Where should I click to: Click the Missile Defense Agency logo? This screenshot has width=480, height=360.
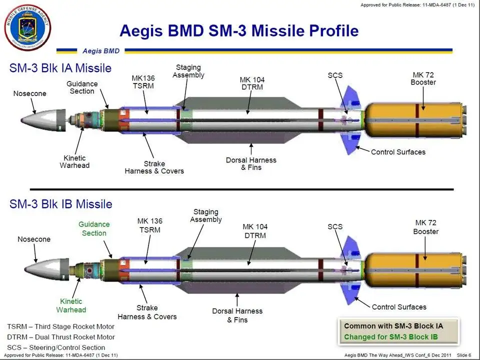pos(27,27)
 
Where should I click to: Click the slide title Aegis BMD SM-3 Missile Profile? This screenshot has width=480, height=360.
pos(239,30)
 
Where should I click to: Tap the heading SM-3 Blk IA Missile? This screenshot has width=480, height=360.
pos(60,68)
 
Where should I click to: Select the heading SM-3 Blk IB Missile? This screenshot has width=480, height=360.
pos(60,204)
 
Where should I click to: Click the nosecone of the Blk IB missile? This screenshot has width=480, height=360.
pos(46,269)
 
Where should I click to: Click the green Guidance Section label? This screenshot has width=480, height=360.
pos(94,228)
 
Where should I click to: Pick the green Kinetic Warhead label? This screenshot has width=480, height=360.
pos(71,305)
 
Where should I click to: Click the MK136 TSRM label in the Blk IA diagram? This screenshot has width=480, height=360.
pos(143,82)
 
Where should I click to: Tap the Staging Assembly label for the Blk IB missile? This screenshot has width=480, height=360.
pos(206,215)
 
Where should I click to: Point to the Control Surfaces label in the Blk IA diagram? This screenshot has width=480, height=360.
pos(398,152)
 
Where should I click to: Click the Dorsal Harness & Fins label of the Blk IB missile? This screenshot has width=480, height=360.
pos(237,315)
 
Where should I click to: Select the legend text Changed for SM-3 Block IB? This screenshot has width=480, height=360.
pos(391,337)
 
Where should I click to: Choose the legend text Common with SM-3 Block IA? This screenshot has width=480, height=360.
pos(393,326)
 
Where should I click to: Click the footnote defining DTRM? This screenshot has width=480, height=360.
pos(61,337)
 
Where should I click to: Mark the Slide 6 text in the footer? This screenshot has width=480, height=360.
pos(464,355)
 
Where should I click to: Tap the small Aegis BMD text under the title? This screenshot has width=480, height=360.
pos(101,51)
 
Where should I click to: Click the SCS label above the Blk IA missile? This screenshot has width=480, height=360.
pos(335,75)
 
